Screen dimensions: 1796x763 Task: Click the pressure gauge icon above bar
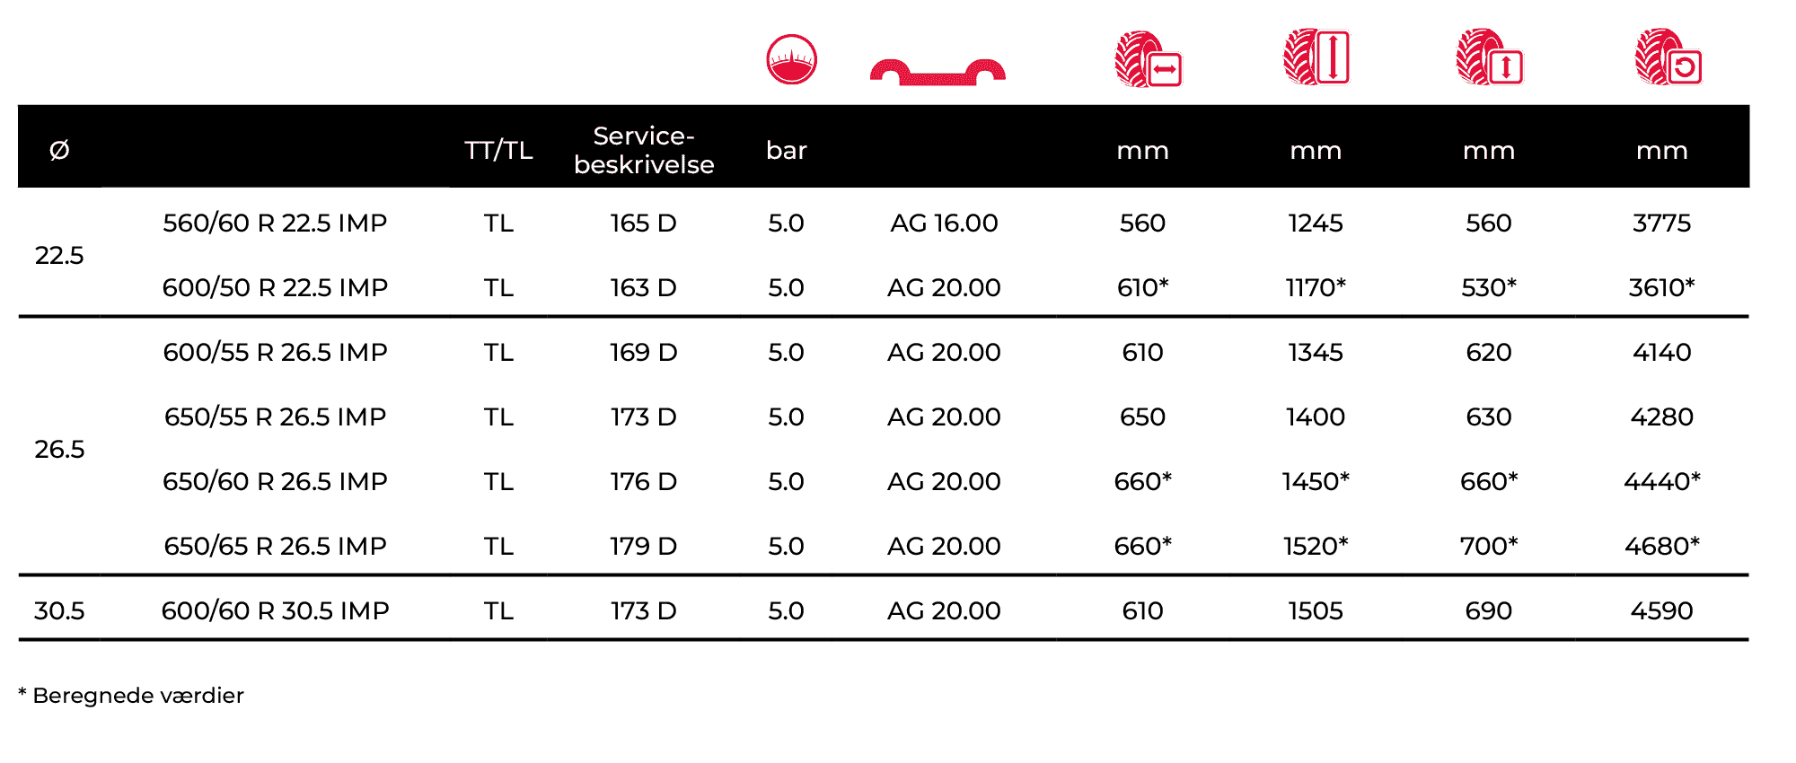(791, 59)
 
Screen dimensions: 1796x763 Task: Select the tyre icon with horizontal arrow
(1149, 59)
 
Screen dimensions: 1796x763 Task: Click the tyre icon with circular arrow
(1668, 57)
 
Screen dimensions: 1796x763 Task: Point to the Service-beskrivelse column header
(644, 150)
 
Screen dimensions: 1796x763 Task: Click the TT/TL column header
(498, 150)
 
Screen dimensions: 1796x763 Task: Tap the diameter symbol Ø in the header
(59, 150)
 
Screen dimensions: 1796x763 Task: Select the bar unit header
(787, 150)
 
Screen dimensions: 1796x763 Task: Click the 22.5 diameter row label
(59, 256)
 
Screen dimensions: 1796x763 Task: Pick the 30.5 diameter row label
(59, 611)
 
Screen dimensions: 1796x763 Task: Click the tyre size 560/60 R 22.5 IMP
(275, 224)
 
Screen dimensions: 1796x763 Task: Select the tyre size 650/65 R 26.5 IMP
(275, 547)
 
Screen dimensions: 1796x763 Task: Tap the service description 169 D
(644, 353)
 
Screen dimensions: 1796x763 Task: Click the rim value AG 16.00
(944, 224)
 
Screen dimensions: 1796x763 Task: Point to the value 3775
(1662, 224)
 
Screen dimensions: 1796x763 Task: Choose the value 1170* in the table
(1316, 288)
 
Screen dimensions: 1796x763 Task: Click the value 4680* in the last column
(1662, 547)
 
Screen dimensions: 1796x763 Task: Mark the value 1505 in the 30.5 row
(1316, 611)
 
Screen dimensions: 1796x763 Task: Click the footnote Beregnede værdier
(138, 696)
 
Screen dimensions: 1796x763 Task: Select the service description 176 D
(644, 482)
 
